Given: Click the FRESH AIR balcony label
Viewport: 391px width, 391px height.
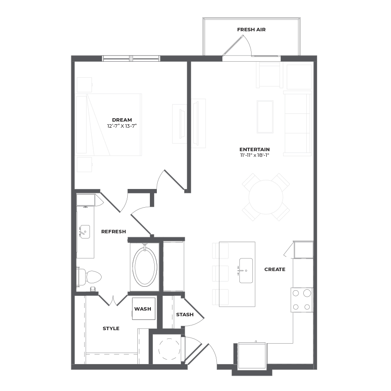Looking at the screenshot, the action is (252, 30).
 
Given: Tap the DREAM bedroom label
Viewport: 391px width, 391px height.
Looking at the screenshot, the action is (122, 120).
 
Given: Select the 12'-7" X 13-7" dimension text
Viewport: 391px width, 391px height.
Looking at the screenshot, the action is (122, 126).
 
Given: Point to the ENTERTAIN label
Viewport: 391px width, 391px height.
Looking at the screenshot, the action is (255, 149).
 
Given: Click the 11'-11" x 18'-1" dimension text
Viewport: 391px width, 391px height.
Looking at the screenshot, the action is (255, 155).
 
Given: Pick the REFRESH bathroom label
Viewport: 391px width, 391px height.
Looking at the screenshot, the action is (113, 232).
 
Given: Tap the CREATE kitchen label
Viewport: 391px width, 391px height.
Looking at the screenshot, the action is (275, 269).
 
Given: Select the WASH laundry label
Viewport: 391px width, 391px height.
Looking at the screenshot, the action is (142, 309).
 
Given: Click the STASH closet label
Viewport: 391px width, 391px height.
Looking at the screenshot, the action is (185, 315).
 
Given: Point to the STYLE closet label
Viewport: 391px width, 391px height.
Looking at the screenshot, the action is (111, 329).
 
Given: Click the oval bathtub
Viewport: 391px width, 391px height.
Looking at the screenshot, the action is (145, 267).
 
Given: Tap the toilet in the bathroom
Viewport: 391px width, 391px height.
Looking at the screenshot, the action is (90, 277).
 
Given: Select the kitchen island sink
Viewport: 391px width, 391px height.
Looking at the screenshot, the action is (246, 271).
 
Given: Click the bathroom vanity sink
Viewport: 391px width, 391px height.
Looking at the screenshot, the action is (85, 232).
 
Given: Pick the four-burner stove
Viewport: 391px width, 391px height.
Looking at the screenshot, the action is (302, 300).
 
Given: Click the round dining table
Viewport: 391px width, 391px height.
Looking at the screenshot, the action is (266, 197).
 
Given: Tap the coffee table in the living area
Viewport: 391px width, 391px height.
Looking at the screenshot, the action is (265, 117).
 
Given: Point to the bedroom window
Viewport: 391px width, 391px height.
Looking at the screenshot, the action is (131, 58).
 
